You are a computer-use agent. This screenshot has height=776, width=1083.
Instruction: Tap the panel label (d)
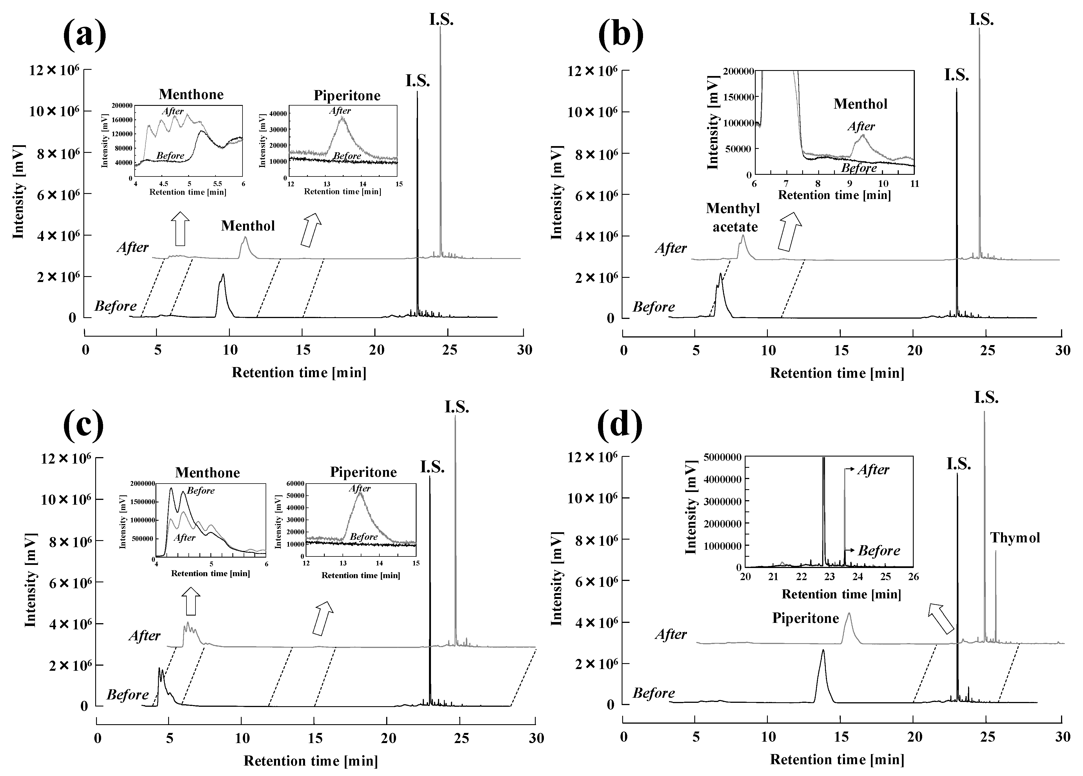point(620,423)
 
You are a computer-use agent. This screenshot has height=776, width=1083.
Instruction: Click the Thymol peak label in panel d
point(1015,538)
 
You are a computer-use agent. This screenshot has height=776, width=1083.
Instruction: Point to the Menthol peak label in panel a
point(248,226)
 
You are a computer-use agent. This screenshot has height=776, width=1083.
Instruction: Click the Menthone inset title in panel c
point(207,473)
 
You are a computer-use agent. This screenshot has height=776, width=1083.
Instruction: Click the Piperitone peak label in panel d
point(806,618)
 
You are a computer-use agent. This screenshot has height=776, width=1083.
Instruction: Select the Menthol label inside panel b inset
point(860,104)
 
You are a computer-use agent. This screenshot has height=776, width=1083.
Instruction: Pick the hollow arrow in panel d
point(941,618)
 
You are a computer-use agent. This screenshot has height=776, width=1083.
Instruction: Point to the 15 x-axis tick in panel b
point(841,351)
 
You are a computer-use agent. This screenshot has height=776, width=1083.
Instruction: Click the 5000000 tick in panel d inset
point(723,457)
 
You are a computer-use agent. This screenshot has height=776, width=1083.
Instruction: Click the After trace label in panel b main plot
point(671,248)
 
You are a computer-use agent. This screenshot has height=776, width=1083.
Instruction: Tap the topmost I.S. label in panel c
point(457,407)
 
